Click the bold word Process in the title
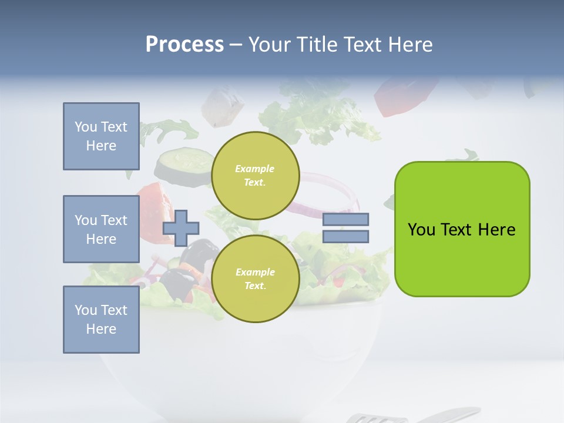[184, 45]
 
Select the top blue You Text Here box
[101, 136]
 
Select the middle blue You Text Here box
[101, 229]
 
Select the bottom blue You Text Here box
[101, 320]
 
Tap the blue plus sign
[180, 228]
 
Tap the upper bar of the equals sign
[345, 220]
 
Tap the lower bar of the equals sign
[345, 237]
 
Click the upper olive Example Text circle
[255, 176]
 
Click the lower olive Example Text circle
[255, 278]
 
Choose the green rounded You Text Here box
[462, 229]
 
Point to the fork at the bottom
[411, 415]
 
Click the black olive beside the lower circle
[200, 251]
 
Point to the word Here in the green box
[496, 230]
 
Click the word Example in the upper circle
[255, 169]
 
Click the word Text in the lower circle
[255, 286]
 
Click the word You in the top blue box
[85, 127]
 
